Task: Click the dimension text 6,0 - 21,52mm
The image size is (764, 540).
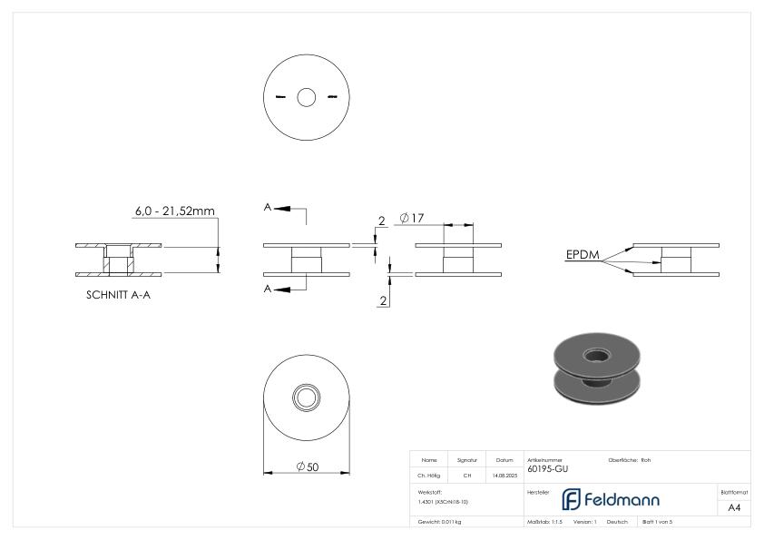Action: point(174,211)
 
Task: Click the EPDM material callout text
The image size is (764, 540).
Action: point(581,255)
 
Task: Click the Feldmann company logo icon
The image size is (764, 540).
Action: point(573,500)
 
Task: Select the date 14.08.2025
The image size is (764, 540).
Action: point(504,475)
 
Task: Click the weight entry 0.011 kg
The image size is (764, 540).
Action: point(439,522)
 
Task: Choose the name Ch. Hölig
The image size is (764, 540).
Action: point(429,475)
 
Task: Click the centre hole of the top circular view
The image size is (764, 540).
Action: point(306,96)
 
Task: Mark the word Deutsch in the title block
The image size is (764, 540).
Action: point(617,522)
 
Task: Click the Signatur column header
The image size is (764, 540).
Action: point(466,460)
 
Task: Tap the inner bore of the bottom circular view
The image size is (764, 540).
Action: point(306,397)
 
